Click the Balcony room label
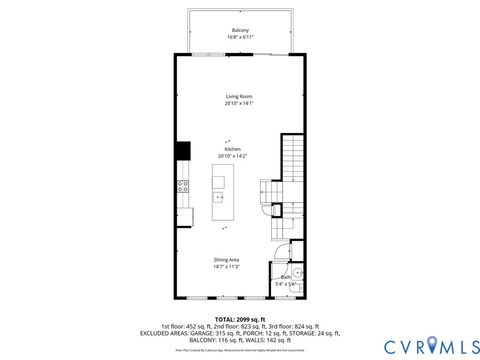(x=240, y=30)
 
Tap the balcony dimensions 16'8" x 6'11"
(x=240, y=37)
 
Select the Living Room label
(x=239, y=96)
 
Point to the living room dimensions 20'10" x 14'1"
(x=239, y=103)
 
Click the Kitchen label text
(x=232, y=149)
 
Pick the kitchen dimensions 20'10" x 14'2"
(x=232, y=156)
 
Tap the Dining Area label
(x=226, y=260)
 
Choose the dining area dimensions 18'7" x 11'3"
(x=226, y=267)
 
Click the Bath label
(x=285, y=277)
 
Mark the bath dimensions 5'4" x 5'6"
(x=286, y=284)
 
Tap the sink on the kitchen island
(x=219, y=196)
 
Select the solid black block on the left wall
(x=183, y=150)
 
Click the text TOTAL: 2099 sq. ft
(x=240, y=317)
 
